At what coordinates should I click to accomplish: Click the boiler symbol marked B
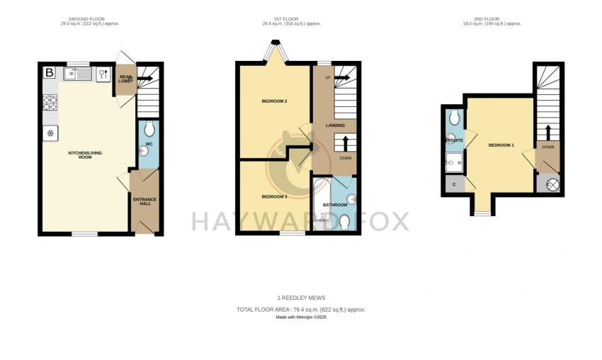point(50,72)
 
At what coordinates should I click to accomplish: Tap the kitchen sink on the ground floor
point(77,73)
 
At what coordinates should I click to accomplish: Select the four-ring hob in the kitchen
point(50,104)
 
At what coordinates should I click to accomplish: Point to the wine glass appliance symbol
point(103,73)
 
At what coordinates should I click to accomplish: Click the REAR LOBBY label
point(126,79)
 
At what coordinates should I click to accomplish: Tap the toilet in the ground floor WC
point(149,128)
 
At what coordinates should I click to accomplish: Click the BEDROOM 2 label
point(274,101)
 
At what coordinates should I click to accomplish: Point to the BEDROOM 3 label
point(274,196)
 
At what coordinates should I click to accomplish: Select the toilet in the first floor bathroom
point(345,222)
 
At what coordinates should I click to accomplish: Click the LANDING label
point(335,125)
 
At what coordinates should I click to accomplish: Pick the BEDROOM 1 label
point(501,145)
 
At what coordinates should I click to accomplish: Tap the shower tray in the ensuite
point(453,165)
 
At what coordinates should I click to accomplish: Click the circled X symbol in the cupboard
point(552,184)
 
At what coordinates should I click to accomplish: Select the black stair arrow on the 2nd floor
point(548,131)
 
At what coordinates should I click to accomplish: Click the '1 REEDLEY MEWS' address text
point(301,298)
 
